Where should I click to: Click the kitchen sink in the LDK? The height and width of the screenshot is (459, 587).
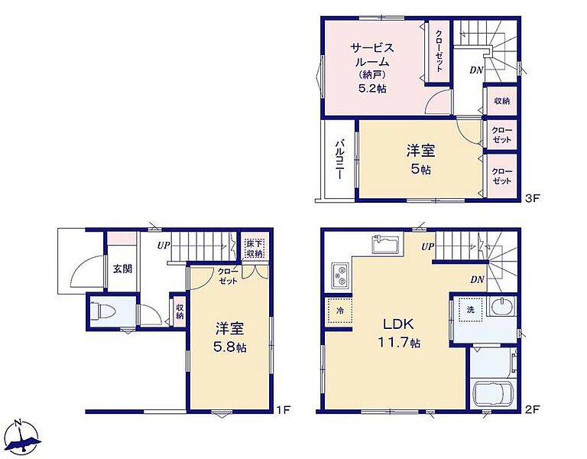coord(385,245)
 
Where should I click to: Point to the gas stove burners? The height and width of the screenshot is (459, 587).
coord(340,275)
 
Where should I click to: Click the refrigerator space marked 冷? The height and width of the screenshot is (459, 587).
coord(339,311)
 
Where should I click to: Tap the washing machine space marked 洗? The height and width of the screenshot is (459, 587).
coord(471,310)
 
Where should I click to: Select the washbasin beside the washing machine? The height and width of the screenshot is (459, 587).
coord(501,308)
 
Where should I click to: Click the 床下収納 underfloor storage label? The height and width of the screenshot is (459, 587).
coord(255,249)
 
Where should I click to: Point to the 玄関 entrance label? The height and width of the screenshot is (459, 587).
coord(122,269)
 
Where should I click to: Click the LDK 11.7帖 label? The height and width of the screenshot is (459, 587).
coord(400,333)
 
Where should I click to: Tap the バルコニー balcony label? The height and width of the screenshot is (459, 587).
coord(339,159)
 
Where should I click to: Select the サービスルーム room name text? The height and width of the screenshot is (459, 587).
coord(372,55)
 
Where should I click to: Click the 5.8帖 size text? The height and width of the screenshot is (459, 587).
coord(229,348)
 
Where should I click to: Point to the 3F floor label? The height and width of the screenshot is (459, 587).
coord(532,198)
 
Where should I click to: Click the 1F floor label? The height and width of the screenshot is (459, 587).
coord(284,409)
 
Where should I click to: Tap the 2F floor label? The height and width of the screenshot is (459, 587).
coord(532,409)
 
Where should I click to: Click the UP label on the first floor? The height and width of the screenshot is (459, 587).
coord(164,246)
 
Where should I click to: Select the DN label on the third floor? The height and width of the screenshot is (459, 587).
coord(477,70)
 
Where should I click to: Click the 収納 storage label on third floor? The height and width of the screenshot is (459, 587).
coord(501,101)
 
